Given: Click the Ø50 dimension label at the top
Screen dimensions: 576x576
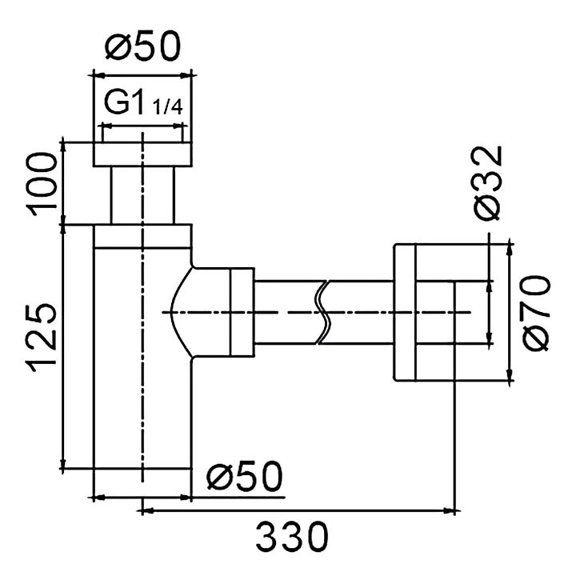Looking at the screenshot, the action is tap(143, 46).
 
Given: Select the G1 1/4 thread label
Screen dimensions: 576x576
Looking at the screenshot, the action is tap(143, 103).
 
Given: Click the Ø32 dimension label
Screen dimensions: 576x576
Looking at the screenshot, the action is tap(487, 183).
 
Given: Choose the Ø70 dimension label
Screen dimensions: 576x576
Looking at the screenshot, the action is tap(537, 313).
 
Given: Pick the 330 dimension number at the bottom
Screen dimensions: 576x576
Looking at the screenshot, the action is tap(292, 537).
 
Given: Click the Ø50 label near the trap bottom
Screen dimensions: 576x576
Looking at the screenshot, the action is tap(245, 476).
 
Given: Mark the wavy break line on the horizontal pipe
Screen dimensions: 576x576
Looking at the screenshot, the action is tap(324, 312).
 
